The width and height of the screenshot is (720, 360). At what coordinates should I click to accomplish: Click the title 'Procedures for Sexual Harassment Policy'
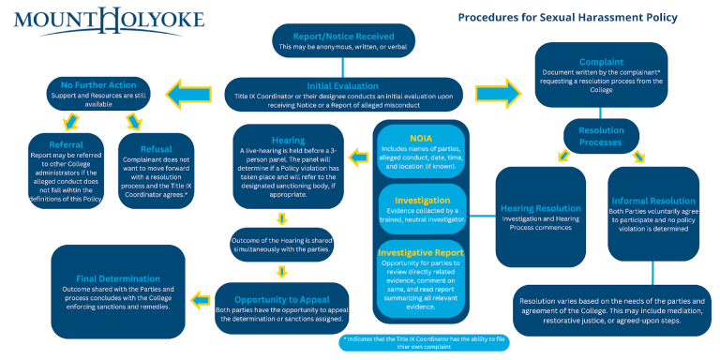(567, 17)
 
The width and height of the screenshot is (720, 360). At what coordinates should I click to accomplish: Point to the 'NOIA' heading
(422, 138)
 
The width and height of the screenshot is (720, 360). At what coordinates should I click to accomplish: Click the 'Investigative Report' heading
(422, 253)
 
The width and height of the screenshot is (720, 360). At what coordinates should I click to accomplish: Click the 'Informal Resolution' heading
(653, 201)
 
